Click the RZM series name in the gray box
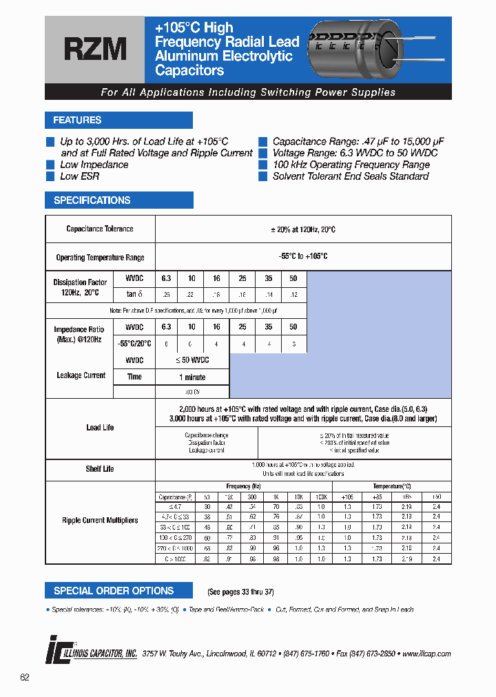[x=95, y=50]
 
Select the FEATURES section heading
[x=77, y=121]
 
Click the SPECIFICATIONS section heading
[x=92, y=200]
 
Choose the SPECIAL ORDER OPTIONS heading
[x=114, y=591]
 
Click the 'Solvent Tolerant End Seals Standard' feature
[x=351, y=176]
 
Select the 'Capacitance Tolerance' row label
[x=100, y=229]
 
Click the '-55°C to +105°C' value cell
[x=303, y=256]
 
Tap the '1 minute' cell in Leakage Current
[x=192, y=377]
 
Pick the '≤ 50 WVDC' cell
[x=192, y=360]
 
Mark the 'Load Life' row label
[x=100, y=428]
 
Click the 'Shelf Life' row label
[x=100, y=469]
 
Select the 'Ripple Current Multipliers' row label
[x=100, y=521]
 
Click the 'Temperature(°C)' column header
[x=391, y=486]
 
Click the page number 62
[x=25, y=678]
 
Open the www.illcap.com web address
[x=426, y=654]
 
